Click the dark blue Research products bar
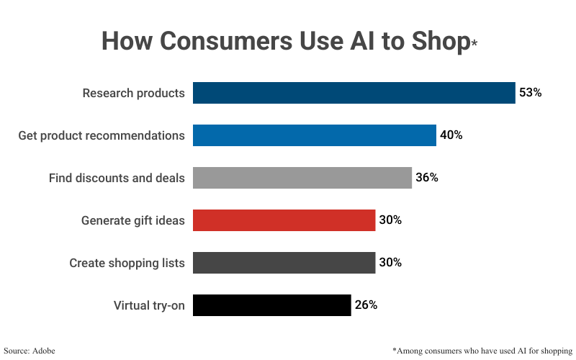coord(354,93)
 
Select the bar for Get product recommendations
coord(314,135)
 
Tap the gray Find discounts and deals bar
coord(302,178)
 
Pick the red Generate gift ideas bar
coord(284,220)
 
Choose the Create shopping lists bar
coord(284,263)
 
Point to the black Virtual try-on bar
coord(271,305)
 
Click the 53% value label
coord(530,93)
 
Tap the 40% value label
coord(451,135)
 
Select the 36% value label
coord(426,178)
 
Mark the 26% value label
coord(366,305)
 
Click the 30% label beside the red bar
coord(390,220)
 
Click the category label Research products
coord(133,93)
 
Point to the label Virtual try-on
coord(149,305)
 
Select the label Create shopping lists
coord(127,263)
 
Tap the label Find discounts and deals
coord(117,178)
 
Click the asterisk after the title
coord(474,44)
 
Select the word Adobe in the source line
coord(43,351)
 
